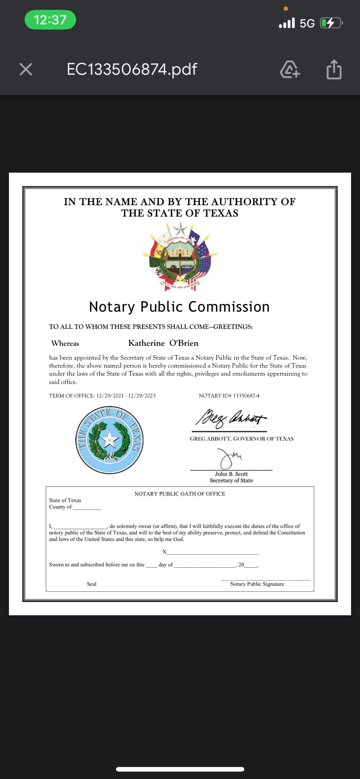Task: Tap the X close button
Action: pyautogui.click(x=26, y=69)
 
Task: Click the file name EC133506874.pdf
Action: pyautogui.click(x=132, y=69)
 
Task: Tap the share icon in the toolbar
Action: pyautogui.click(x=334, y=69)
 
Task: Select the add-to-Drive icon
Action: pyautogui.click(x=290, y=69)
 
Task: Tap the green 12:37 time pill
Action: pyautogui.click(x=50, y=20)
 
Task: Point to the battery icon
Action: pyautogui.click(x=330, y=23)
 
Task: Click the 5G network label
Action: pyautogui.click(x=307, y=24)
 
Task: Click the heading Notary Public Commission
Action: pyautogui.click(x=179, y=307)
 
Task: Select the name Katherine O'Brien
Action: pyautogui.click(x=163, y=343)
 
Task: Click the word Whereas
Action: pyautogui.click(x=65, y=343)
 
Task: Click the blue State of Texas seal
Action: pyautogui.click(x=110, y=440)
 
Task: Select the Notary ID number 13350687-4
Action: pyautogui.click(x=246, y=396)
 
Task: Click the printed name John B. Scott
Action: pyautogui.click(x=231, y=474)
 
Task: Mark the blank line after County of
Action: pyautogui.click(x=87, y=507)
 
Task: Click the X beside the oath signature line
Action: pyautogui.click(x=164, y=552)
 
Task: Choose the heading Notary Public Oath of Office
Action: pyautogui.click(x=180, y=494)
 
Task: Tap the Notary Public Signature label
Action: pyautogui.click(x=257, y=584)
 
